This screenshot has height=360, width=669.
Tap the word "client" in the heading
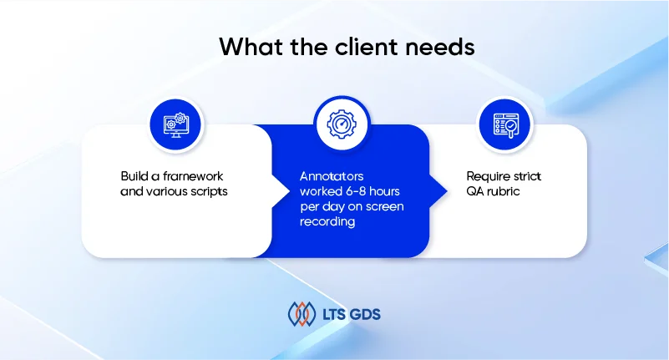(367, 46)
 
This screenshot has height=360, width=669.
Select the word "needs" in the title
(440, 47)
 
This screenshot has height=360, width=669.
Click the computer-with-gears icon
(175, 125)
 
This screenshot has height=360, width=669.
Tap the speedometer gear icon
(342, 124)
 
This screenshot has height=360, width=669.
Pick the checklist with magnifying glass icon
(505, 125)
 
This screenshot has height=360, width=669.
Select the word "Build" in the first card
(134, 176)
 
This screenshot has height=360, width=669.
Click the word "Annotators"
(332, 176)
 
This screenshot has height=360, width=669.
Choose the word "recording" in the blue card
(327, 221)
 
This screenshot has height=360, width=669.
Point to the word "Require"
(488, 176)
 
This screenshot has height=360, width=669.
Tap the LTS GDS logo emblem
(302, 314)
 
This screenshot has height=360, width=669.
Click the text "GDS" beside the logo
(365, 314)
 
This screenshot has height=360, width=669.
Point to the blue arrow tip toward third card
(446, 191)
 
